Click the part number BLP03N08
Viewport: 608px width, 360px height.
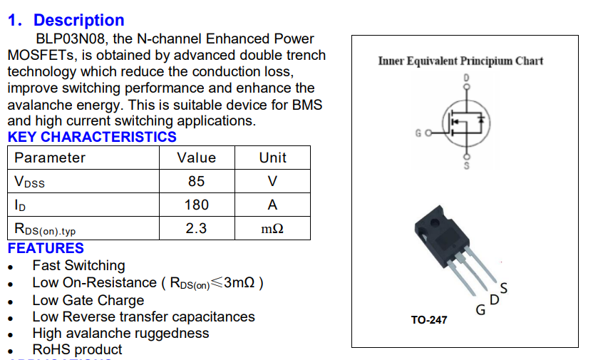coord(71,39)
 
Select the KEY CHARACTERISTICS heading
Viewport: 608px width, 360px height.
coord(92,137)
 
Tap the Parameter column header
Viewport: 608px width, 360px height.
coord(50,158)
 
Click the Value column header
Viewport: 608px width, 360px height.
coord(196,158)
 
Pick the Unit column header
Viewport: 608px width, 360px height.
coord(272,158)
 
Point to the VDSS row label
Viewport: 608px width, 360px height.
coord(29,182)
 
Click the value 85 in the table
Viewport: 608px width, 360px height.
coord(196,182)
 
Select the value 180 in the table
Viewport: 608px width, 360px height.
coord(196,205)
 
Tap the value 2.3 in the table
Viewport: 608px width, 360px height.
coord(196,229)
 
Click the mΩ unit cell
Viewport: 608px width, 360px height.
coord(272,230)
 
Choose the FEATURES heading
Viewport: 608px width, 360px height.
coord(46,249)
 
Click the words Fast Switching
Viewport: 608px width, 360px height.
coord(78,266)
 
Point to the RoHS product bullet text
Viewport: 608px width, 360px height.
coord(77,350)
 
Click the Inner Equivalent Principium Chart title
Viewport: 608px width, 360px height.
coord(460,61)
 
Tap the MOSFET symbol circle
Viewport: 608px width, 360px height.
coord(467,123)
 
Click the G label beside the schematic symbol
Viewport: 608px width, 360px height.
coord(418,133)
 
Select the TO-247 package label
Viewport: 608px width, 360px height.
coord(429,320)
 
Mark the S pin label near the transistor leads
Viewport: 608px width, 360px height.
coord(504,288)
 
